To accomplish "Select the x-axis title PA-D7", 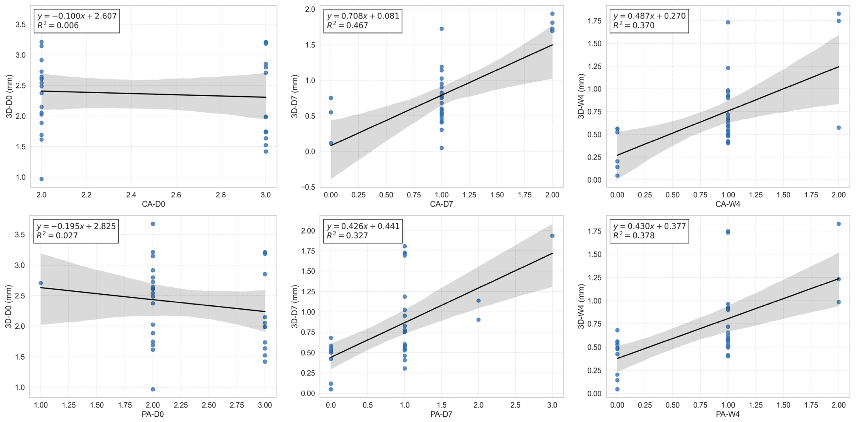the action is tap(441, 414).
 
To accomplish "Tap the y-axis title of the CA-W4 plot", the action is tap(581, 97).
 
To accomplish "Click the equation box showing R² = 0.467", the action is tap(363, 21).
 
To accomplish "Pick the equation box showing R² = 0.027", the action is tap(76, 231).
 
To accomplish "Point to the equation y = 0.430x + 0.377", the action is tap(649, 226).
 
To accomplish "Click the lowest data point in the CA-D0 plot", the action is tap(42, 179).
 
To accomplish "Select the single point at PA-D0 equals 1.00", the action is tap(41, 283).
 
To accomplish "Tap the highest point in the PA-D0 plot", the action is tap(153, 224).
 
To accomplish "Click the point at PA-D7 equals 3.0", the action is tap(552, 236).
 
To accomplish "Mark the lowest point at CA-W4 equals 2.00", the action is tap(839, 128).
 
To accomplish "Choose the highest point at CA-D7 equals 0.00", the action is tap(331, 98).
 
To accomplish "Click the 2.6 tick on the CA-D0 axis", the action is tap(176, 195).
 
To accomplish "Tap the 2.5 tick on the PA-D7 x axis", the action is tap(515, 405).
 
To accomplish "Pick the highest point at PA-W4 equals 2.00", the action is tap(839, 224).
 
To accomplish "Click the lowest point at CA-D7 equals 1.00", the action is tap(442, 148).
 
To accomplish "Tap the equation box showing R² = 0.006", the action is tap(77, 21).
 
